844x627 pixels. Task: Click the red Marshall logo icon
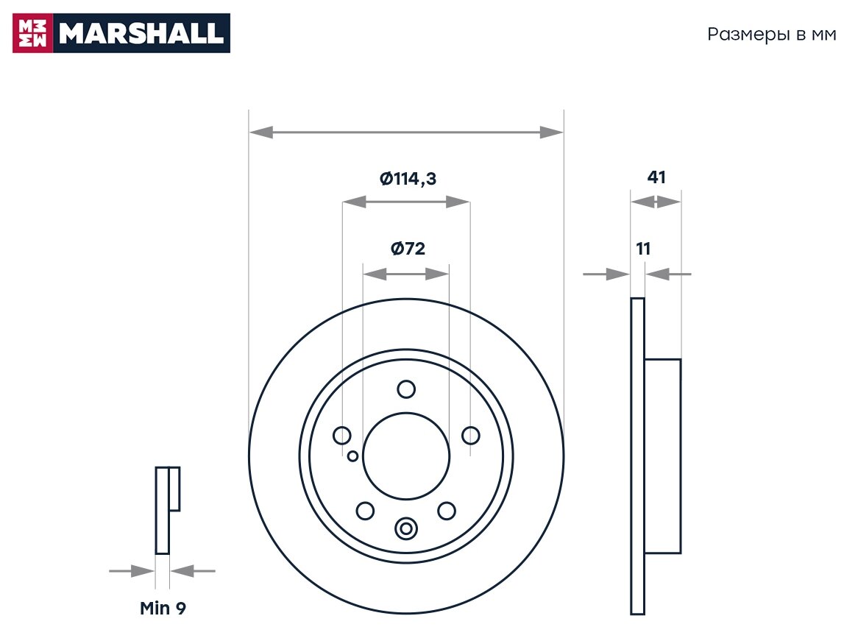(x=33, y=33)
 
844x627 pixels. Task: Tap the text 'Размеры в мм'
(x=771, y=35)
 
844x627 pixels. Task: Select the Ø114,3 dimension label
(x=408, y=178)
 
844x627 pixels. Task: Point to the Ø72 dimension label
(x=408, y=249)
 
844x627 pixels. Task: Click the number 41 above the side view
(x=656, y=177)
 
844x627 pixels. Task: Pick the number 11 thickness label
(x=643, y=249)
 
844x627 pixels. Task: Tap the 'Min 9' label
(x=163, y=609)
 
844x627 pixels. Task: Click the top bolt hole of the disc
(x=405, y=389)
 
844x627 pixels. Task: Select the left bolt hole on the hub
(x=342, y=436)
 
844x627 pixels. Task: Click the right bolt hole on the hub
(x=470, y=436)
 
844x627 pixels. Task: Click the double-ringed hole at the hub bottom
(x=405, y=528)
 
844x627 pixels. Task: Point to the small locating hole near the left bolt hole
(x=353, y=456)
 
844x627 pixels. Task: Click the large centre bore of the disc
(x=405, y=456)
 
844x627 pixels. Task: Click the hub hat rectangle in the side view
(x=662, y=456)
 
